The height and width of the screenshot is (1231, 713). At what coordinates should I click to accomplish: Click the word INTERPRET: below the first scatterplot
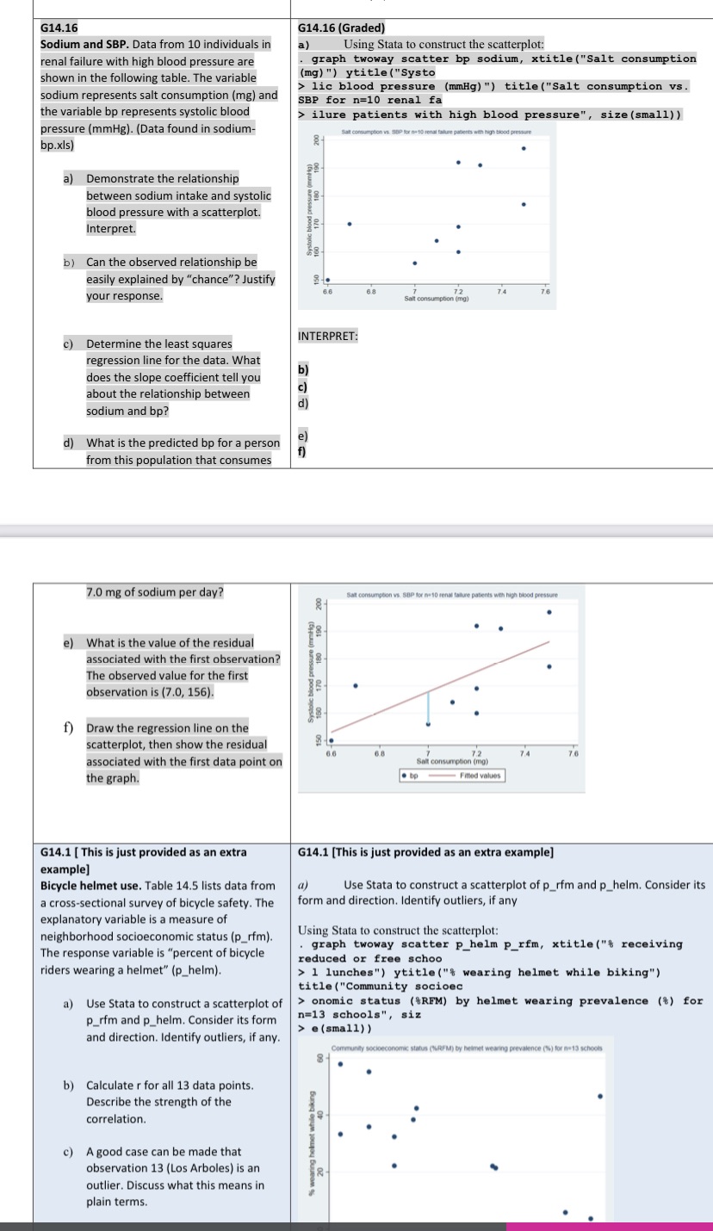coord(327,336)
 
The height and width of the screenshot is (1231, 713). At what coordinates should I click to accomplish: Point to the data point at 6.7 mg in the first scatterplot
coord(350,224)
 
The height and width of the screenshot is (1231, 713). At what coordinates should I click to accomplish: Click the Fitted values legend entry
coord(481,776)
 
